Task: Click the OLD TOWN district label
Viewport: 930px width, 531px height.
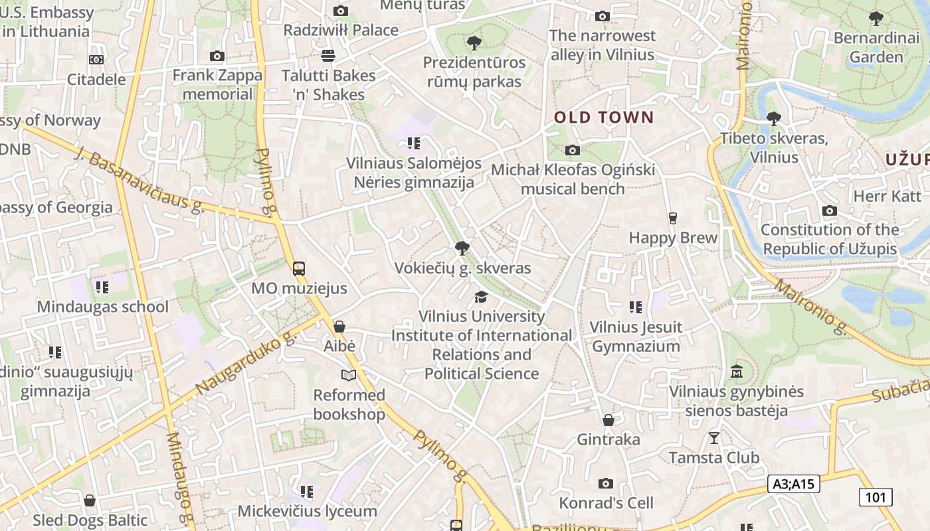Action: point(604,118)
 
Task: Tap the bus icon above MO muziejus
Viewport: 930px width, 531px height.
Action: point(299,269)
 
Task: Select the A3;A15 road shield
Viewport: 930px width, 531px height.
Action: point(793,484)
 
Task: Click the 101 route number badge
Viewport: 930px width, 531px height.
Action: point(876,496)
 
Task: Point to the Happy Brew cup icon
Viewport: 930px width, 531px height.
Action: point(672,218)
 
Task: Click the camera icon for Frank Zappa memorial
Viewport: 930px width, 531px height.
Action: point(217,56)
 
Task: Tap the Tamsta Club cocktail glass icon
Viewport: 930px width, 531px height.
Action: point(714,438)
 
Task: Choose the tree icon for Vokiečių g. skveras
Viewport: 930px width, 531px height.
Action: point(462,249)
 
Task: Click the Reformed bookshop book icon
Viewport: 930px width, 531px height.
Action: point(349,376)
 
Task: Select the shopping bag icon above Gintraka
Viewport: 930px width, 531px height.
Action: point(608,420)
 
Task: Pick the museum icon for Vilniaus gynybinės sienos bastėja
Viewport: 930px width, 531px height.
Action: point(736,372)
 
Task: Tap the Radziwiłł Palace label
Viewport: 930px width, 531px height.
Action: point(341,30)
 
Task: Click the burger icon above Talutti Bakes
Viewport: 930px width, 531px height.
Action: point(328,55)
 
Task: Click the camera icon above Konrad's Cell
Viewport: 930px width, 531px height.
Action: point(605,483)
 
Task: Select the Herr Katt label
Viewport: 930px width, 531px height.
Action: point(887,196)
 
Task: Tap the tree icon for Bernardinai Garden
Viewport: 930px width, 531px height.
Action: point(876,18)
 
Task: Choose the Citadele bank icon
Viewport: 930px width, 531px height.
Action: point(96,60)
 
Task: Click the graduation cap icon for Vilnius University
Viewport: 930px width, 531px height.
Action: point(481,297)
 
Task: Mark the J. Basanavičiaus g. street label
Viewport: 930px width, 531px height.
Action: point(139,181)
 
